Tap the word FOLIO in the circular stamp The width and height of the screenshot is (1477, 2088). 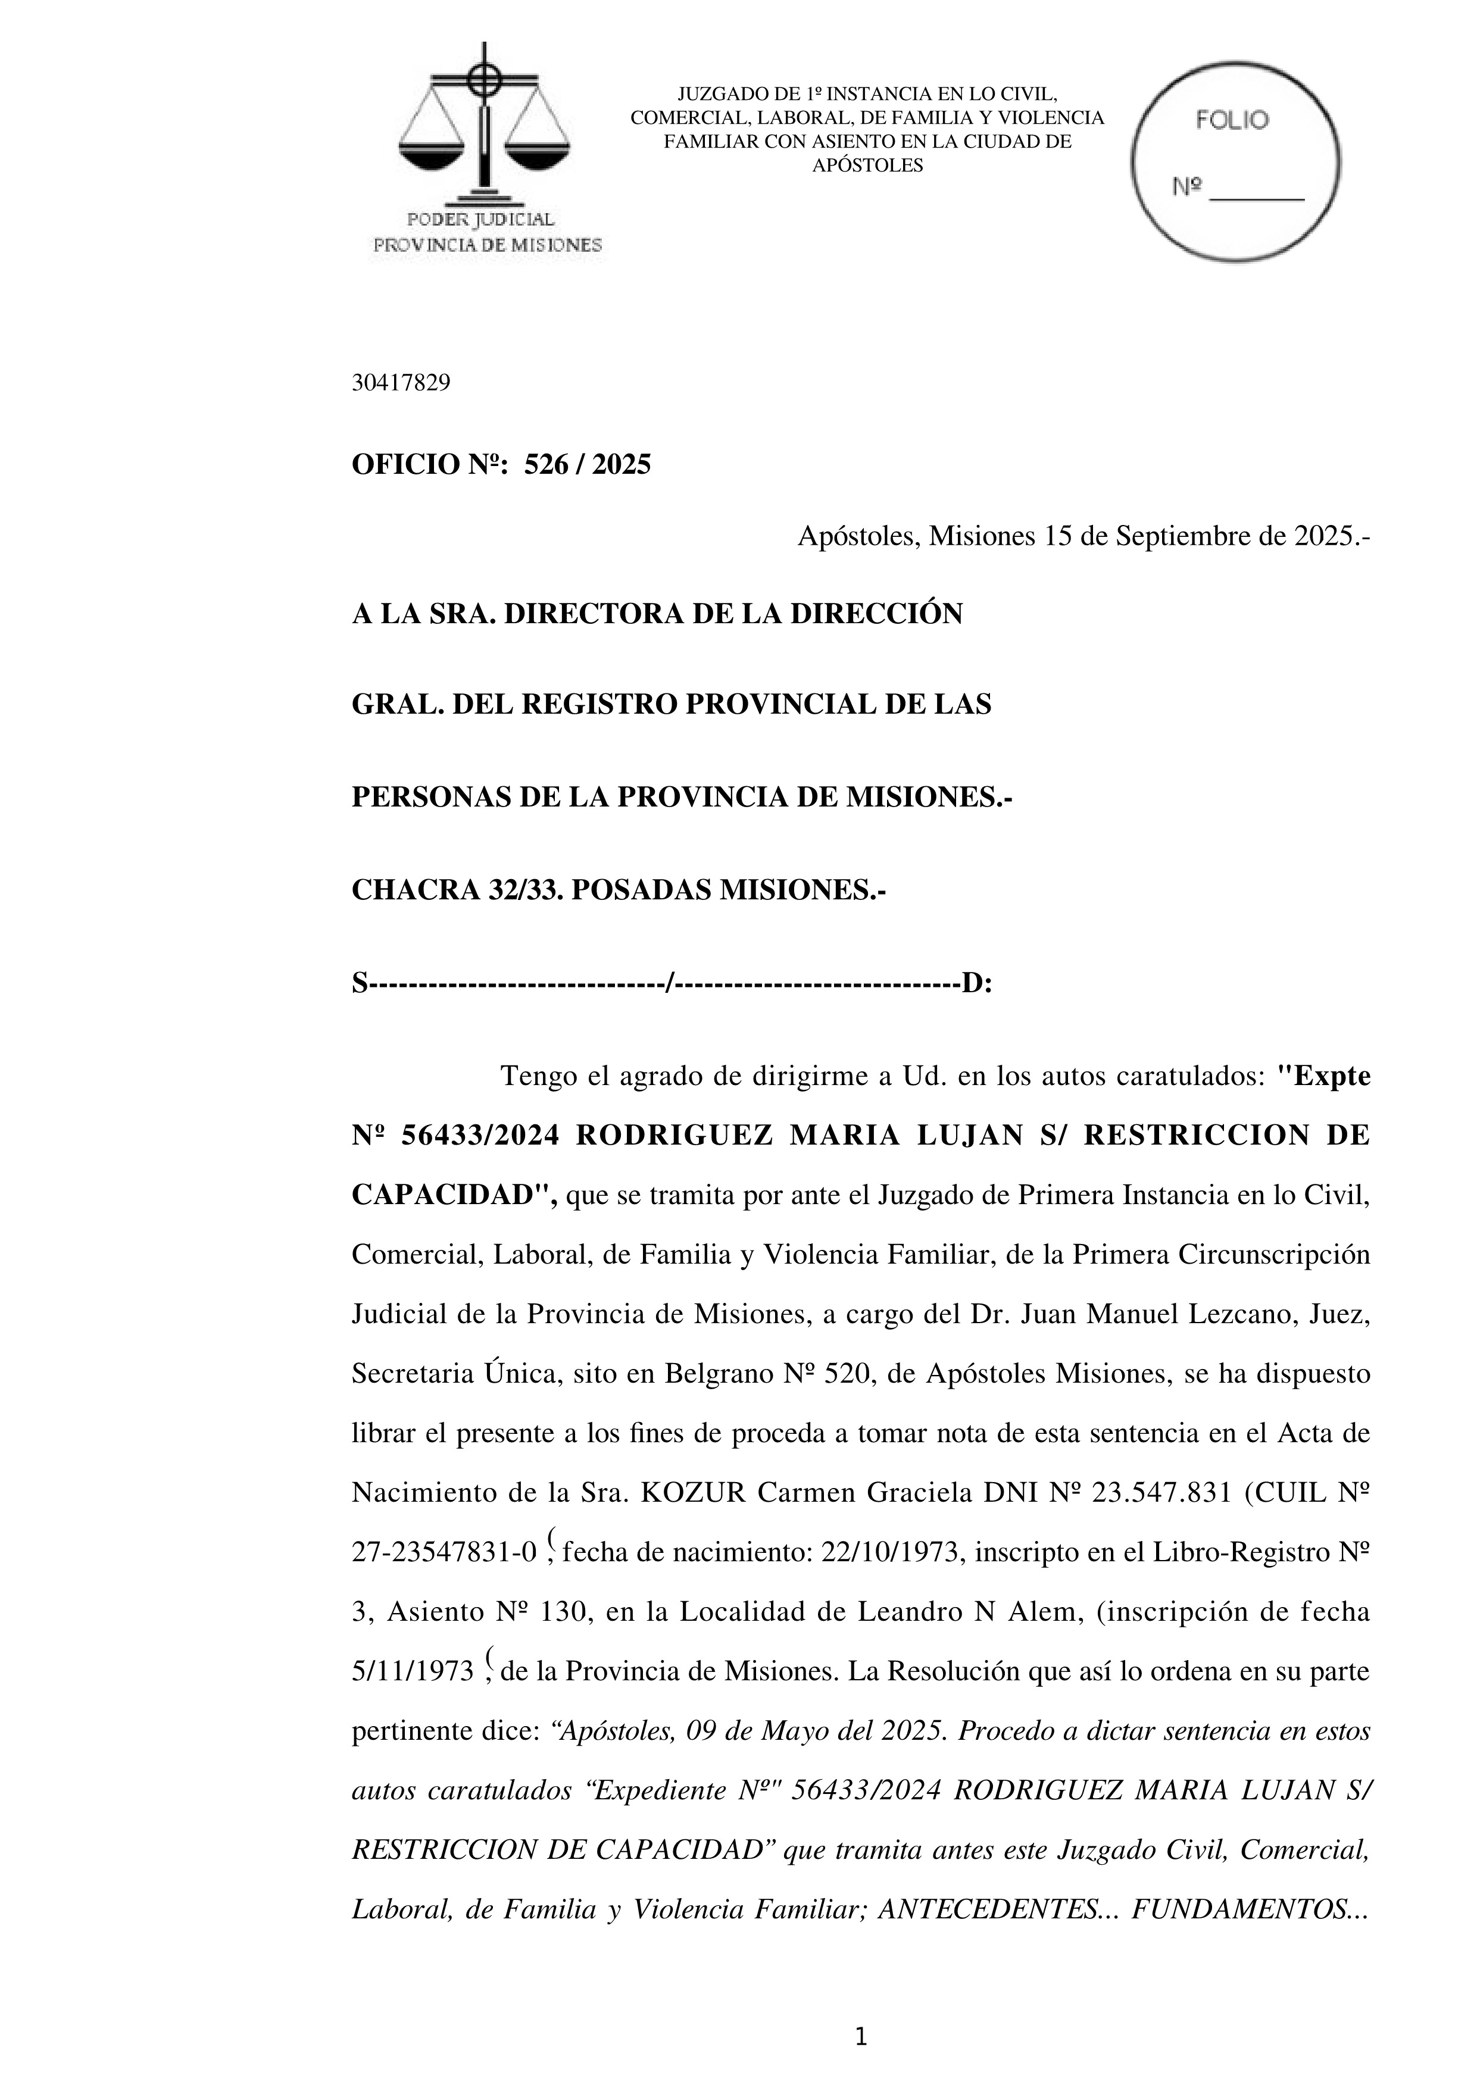1232,120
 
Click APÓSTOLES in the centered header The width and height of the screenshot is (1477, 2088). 867,165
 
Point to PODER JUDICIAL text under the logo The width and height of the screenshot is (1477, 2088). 480,219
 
